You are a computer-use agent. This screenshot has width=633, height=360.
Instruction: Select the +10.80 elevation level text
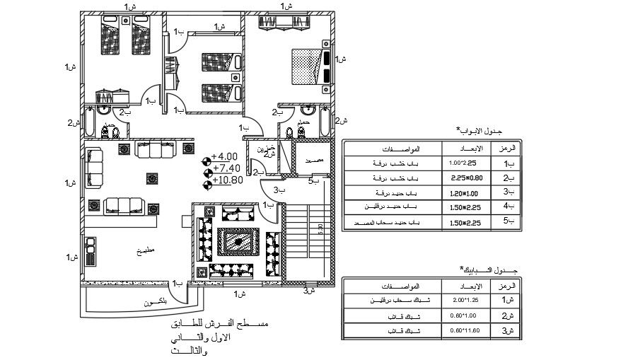point(227,180)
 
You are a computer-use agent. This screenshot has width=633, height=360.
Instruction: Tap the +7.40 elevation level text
point(226,168)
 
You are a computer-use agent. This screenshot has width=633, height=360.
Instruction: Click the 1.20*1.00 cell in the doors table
point(463,193)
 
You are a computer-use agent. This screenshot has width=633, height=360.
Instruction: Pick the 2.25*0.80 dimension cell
point(463,178)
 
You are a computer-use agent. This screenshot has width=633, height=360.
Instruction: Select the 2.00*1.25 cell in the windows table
point(463,300)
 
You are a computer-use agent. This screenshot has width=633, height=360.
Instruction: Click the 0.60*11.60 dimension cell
point(463,330)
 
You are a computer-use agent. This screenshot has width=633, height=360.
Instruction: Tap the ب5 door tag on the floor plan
point(314,181)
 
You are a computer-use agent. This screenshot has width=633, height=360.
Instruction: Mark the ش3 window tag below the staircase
point(308,290)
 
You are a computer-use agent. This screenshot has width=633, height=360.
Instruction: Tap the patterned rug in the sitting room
point(238,242)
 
